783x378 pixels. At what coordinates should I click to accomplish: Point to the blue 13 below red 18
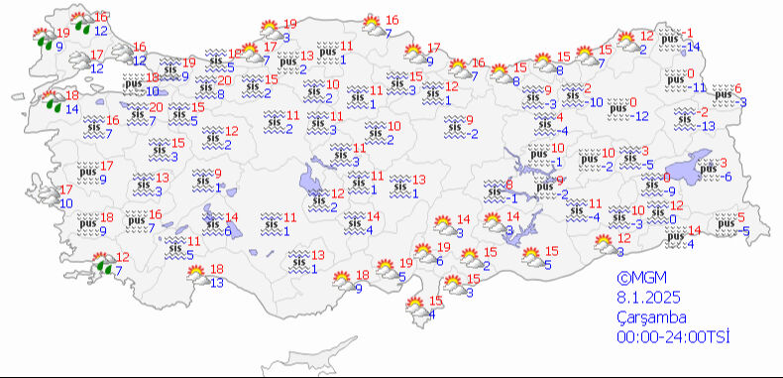pos(216,282)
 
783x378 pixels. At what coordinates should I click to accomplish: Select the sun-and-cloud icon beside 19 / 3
pos(268,31)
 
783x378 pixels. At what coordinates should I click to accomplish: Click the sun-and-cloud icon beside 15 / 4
pos(417,308)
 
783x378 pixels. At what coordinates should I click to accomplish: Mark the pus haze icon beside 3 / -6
pos(708,171)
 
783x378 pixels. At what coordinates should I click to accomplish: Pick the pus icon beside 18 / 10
pos(132,83)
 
